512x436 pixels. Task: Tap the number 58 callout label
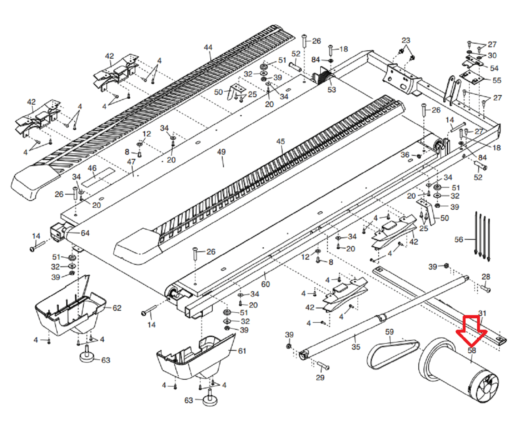[x=472, y=350]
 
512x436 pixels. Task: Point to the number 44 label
[x=208, y=48]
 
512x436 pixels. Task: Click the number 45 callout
[x=281, y=142]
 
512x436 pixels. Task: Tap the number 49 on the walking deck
[x=221, y=152]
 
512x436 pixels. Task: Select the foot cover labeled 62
[x=69, y=309]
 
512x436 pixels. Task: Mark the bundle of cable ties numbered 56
[x=482, y=236]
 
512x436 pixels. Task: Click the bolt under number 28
[x=485, y=289]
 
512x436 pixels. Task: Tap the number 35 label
[x=356, y=347]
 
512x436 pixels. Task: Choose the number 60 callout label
[x=266, y=284]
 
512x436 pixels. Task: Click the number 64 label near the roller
[x=85, y=233]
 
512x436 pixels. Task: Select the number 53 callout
[x=332, y=90]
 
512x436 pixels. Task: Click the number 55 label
[x=497, y=80]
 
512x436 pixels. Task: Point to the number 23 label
[x=406, y=40]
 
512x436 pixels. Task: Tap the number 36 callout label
[x=405, y=155]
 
